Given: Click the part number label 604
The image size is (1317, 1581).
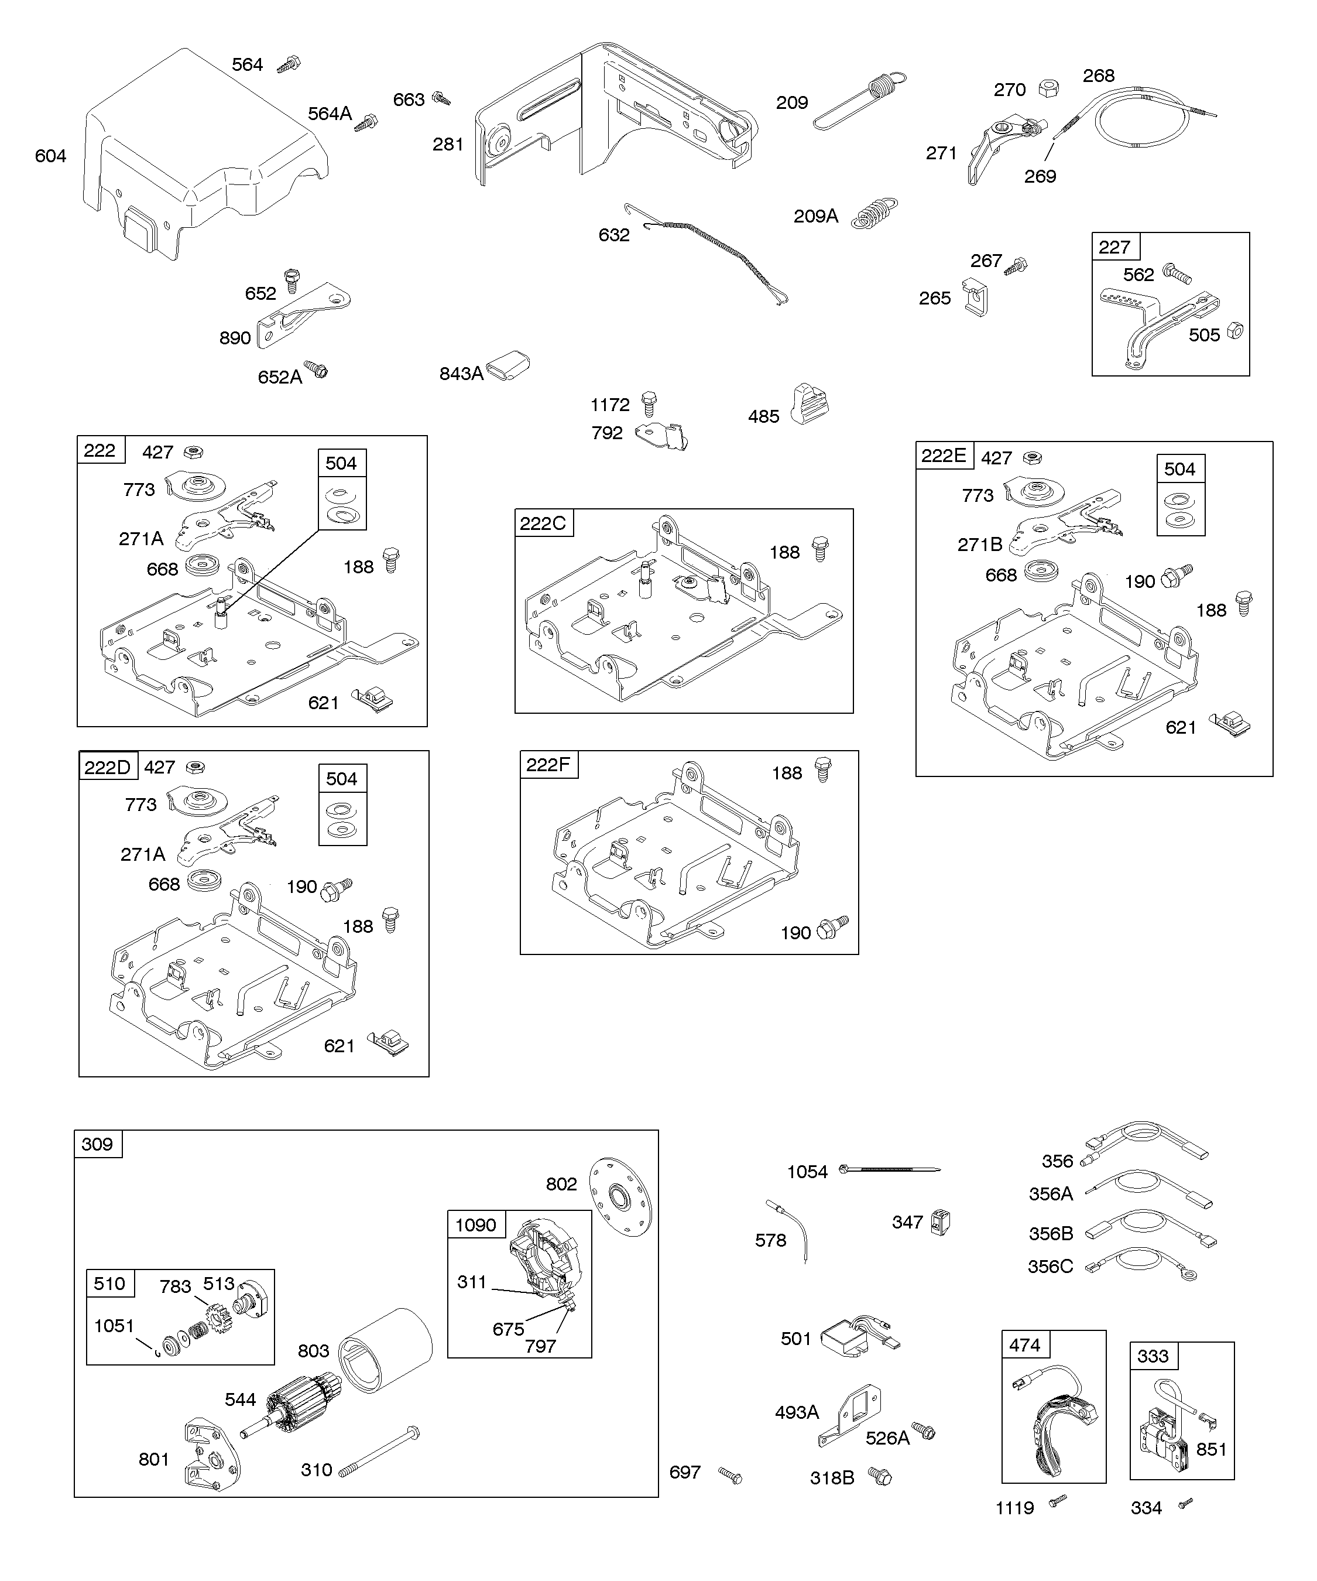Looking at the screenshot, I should pos(50,156).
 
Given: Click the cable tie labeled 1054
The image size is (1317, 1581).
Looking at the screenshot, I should pos(892,1169).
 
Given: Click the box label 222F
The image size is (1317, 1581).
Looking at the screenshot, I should pos(548,765).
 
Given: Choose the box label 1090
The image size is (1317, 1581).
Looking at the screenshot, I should pos(476,1225).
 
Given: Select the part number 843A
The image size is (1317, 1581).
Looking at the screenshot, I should pos(461,374).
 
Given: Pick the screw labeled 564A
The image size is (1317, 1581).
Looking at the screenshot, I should pos(367,122).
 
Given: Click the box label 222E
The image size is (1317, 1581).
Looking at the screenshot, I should pos(944,456).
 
